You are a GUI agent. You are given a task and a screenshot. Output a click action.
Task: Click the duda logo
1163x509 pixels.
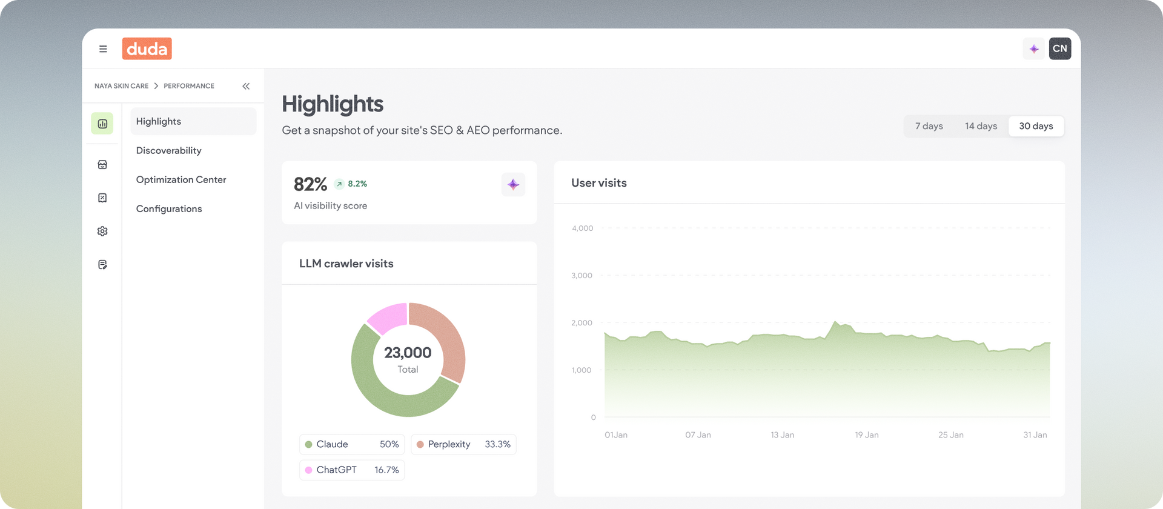[x=147, y=48]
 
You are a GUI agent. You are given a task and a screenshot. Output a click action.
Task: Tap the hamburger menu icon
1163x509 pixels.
[x=103, y=49]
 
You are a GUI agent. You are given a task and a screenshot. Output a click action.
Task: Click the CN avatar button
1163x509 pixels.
[x=1060, y=48]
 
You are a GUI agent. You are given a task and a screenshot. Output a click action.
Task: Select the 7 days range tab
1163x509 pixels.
[x=929, y=126]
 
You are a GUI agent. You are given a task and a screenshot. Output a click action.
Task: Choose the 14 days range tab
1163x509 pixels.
[x=981, y=126]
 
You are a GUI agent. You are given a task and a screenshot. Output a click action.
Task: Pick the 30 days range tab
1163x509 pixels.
[x=1036, y=126]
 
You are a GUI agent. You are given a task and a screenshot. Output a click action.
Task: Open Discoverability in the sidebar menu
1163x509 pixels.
[x=169, y=150]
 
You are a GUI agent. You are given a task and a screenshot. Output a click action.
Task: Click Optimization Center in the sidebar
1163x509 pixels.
[x=181, y=179]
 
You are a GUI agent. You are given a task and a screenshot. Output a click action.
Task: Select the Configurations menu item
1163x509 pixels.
[x=169, y=208]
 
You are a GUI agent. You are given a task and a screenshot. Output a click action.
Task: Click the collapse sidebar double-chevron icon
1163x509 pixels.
[x=246, y=86]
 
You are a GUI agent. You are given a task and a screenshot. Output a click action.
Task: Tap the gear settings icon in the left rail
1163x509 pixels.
[x=102, y=231]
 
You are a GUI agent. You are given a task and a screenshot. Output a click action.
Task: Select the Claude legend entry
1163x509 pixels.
[x=352, y=444]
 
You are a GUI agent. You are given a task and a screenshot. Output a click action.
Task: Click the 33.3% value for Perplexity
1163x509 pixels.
[x=497, y=444]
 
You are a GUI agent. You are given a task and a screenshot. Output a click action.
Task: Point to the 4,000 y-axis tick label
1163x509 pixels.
[x=582, y=228]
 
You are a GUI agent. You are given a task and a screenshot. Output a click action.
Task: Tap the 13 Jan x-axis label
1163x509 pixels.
[x=783, y=435]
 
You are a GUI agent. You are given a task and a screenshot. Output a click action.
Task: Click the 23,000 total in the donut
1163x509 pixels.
[x=408, y=353]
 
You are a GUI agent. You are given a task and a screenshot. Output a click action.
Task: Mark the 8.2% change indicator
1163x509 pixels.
[x=351, y=184]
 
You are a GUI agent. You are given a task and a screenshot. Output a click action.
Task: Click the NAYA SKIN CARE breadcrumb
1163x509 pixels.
[x=121, y=86]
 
